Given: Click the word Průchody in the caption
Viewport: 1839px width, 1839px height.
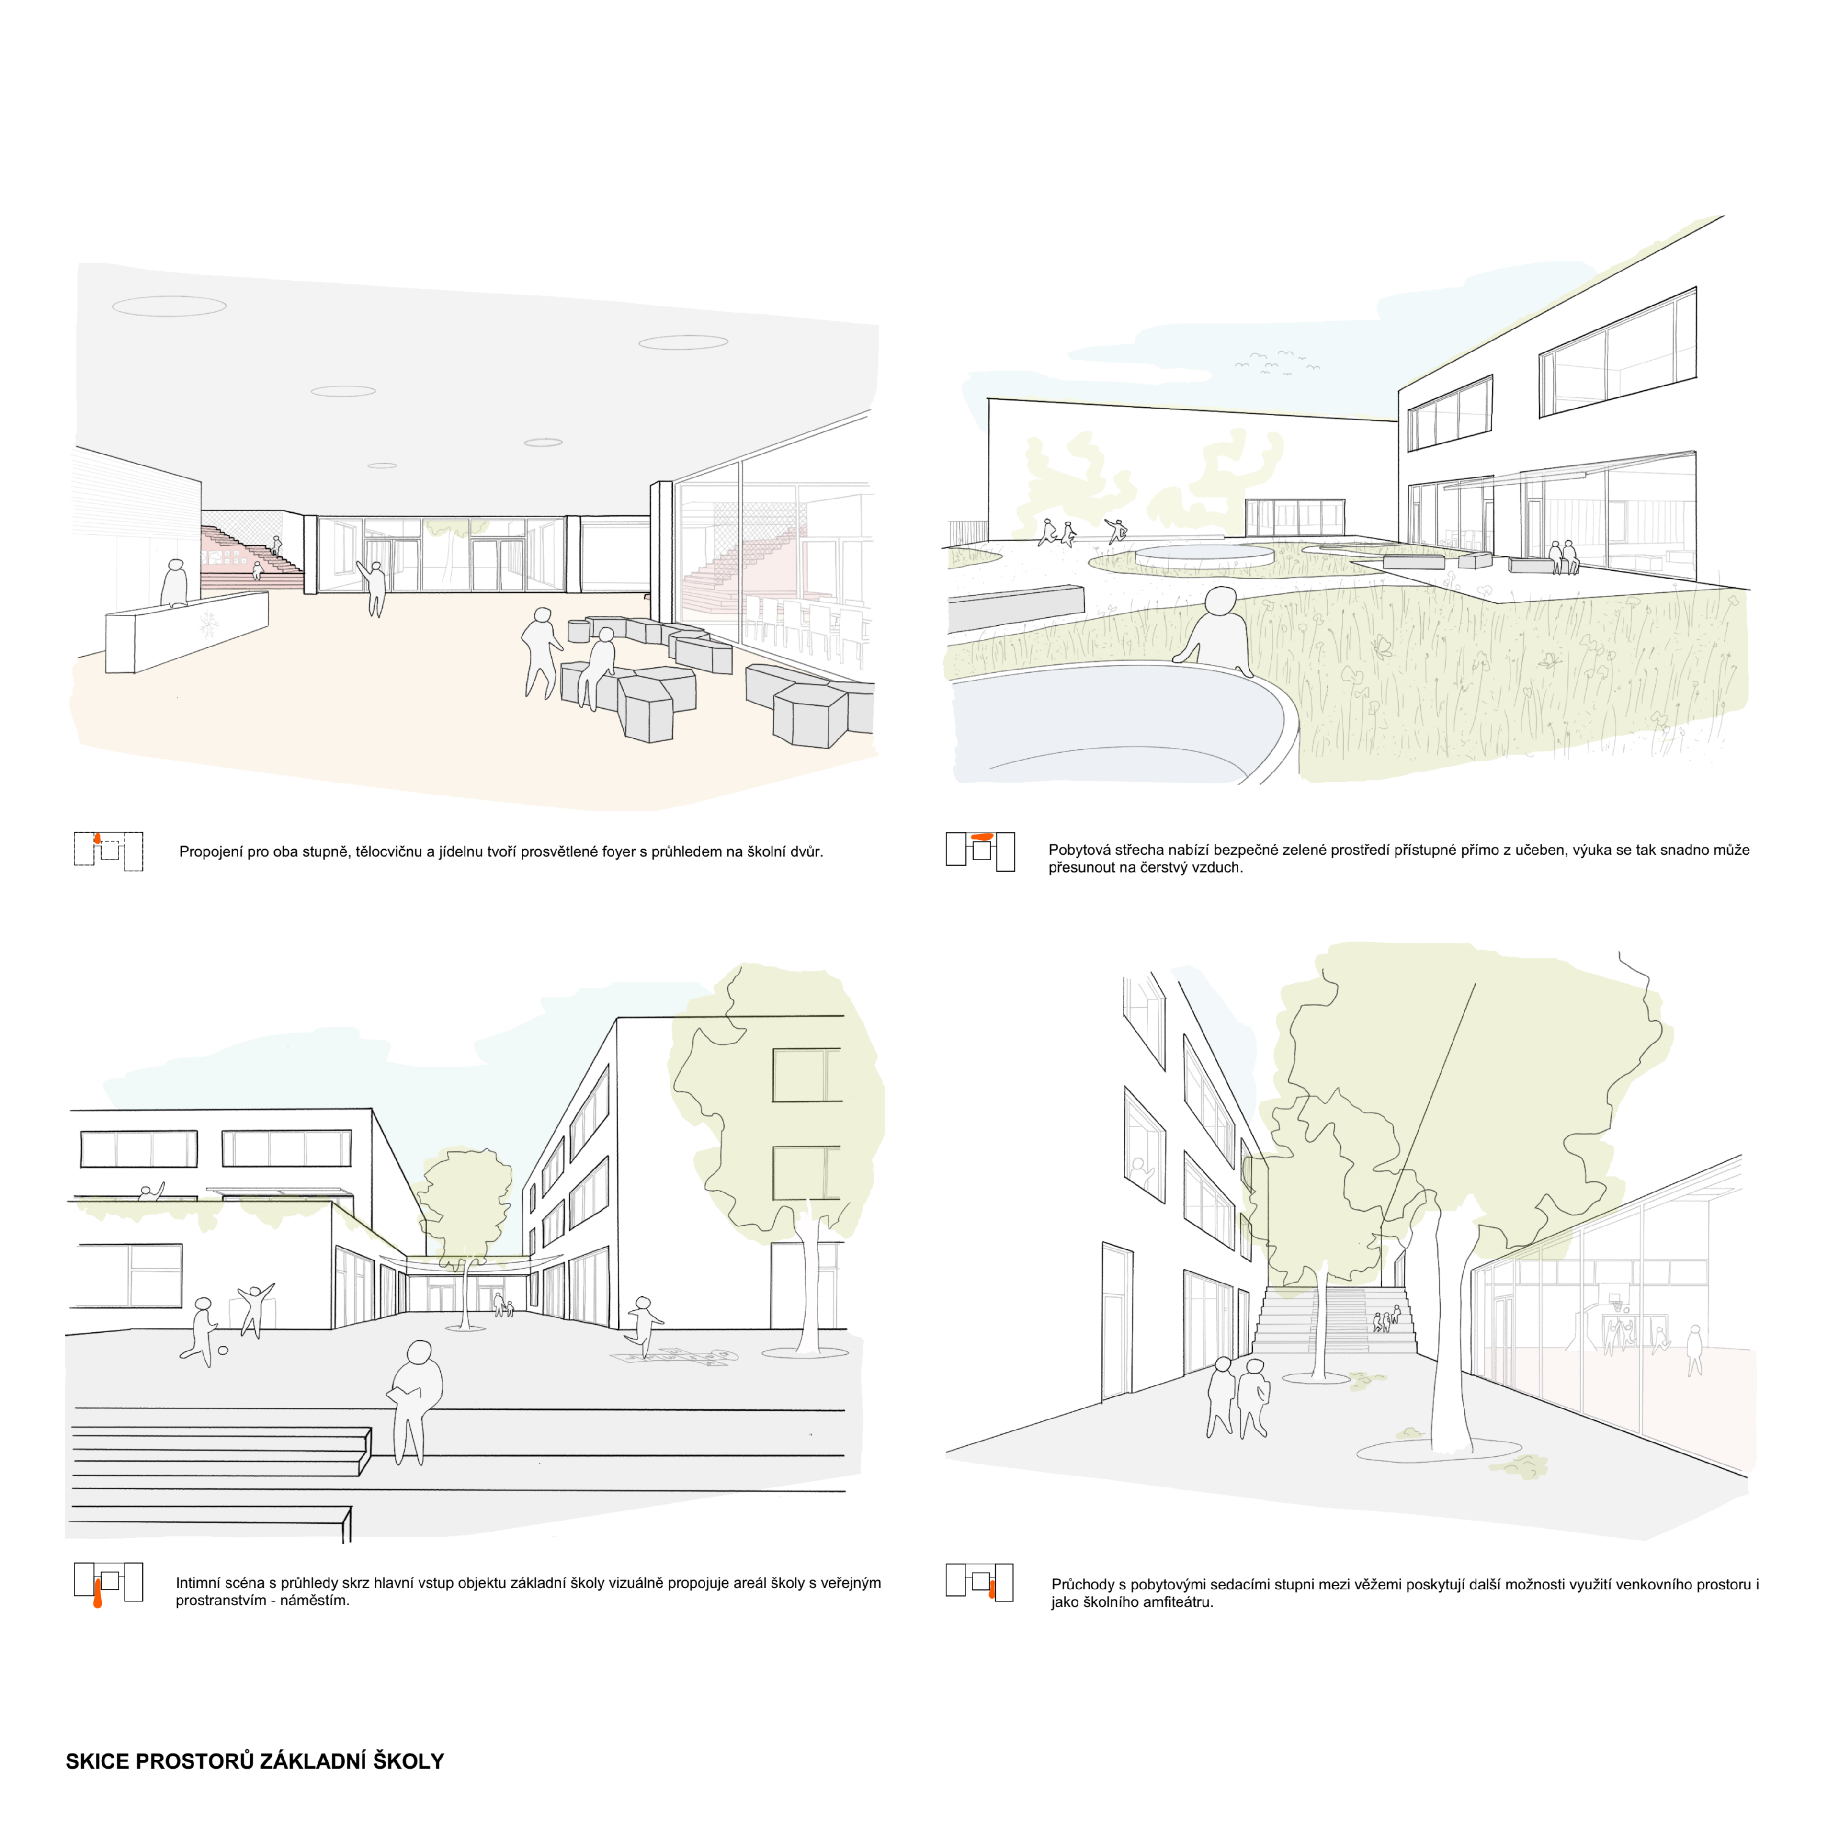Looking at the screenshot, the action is [1083, 1585].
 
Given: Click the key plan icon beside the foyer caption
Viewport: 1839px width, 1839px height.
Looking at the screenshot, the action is [109, 851].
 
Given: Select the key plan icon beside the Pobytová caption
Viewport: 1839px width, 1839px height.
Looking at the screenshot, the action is [980, 851].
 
